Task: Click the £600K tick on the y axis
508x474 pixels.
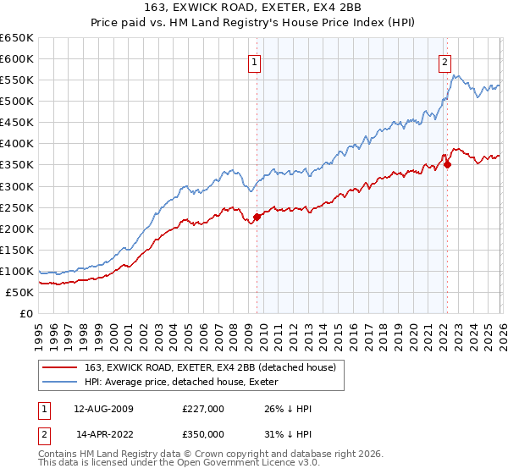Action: [x=17, y=58]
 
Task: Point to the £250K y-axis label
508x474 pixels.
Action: [x=17, y=207]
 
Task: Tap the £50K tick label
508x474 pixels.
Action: [x=20, y=292]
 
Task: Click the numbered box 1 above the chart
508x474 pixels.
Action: [x=255, y=61]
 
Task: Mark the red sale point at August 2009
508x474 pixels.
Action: [x=257, y=217]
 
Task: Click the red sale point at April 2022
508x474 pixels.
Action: [x=447, y=164]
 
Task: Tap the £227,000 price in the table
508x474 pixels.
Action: [x=203, y=409]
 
